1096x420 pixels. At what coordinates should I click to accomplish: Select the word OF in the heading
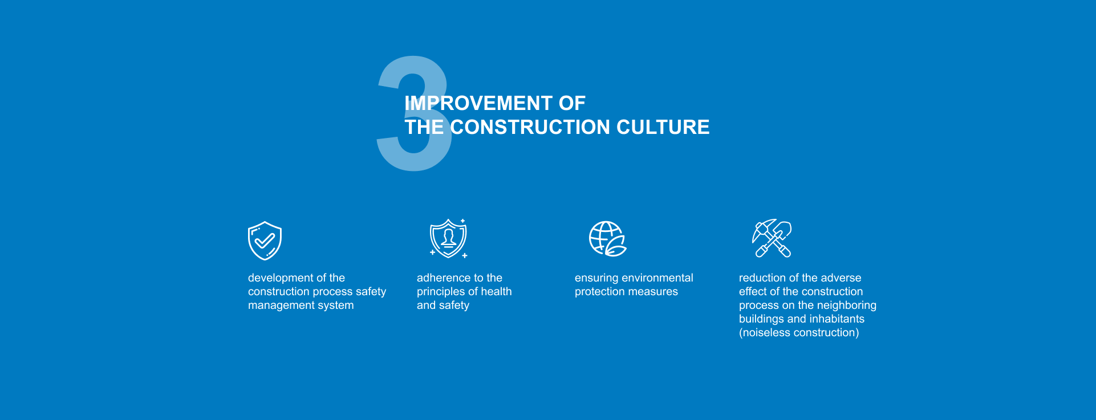pos(572,103)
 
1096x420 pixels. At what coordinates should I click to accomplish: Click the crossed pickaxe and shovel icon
pos(772,238)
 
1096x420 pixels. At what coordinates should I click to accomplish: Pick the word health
pos(497,292)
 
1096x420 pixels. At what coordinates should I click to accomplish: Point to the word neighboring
pos(847,306)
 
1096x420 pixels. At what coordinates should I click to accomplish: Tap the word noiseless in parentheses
pos(766,333)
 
